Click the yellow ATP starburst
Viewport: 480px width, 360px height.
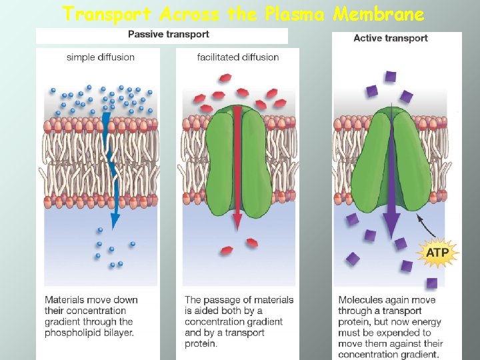click(x=437, y=253)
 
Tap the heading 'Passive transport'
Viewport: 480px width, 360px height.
click(x=169, y=35)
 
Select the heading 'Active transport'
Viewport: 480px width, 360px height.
click(x=391, y=39)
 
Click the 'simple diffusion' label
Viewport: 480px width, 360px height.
click(x=101, y=57)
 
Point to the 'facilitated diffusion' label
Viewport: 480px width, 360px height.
click(x=238, y=57)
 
